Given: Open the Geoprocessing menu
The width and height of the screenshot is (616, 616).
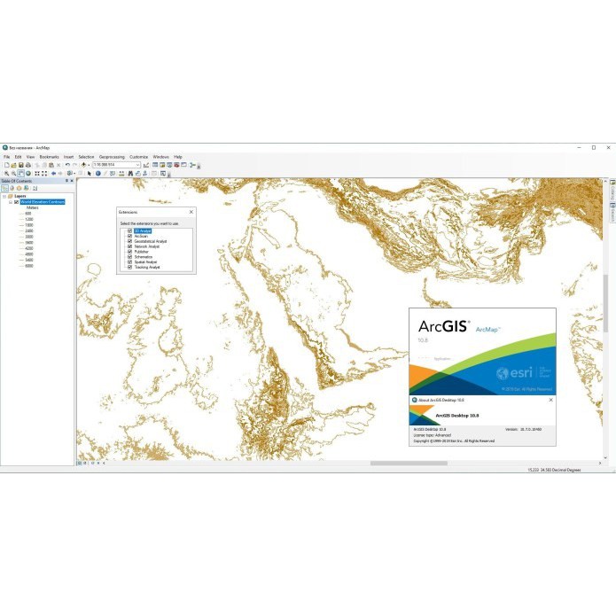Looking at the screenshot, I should (112, 157).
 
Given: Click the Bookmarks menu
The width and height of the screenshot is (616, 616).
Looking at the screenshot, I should (49, 157).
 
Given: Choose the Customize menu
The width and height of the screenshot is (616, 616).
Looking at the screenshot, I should (138, 157).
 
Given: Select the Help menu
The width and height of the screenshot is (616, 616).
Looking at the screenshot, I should (177, 157).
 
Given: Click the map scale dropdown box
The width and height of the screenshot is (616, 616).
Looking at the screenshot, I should (115, 165).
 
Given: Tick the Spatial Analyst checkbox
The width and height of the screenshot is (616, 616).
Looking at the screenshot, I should (129, 262).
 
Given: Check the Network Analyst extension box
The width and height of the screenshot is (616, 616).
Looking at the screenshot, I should (129, 246).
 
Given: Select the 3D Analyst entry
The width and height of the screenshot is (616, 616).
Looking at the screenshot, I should (143, 230).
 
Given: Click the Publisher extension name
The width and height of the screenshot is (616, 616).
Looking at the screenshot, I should (141, 252).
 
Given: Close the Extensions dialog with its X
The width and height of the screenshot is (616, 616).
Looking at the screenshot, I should (190, 213).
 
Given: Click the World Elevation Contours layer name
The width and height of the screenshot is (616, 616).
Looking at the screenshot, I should (43, 202).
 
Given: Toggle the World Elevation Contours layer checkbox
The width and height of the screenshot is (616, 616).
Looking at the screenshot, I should (16, 202).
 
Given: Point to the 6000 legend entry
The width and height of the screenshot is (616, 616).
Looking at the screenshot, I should (29, 265).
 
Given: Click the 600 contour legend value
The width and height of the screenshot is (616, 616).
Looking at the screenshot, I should (28, 214).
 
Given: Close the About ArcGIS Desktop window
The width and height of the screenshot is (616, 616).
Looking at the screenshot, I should (550, 401).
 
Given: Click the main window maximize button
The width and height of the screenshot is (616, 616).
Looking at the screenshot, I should (593, 147).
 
